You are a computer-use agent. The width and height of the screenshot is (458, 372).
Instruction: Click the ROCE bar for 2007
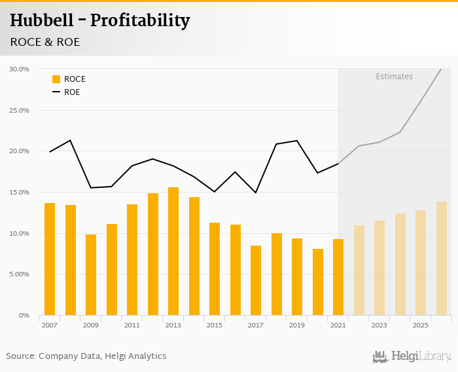[x=50, y=259]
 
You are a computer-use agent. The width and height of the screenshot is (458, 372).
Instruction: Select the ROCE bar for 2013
[x=173, y=251]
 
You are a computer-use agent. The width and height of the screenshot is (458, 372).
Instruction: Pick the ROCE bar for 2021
[x=338, y=277]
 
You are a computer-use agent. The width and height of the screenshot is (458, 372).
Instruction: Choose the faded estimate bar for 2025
[x=421, y=263]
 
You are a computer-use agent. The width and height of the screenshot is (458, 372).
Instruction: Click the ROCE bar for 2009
[x=91, y=275]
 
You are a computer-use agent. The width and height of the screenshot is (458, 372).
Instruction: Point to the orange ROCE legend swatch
[x=56, y=79]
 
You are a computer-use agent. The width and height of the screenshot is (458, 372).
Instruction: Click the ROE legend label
[x=72, y=92]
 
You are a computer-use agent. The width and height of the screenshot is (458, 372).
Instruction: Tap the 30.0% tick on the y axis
[x=20, y=69]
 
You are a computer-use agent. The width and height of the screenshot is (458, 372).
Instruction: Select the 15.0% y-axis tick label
[x=20, y=193]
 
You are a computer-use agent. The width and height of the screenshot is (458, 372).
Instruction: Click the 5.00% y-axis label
[x=20, y=274]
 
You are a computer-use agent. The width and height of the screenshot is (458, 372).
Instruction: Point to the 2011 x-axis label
[x=132, y=325]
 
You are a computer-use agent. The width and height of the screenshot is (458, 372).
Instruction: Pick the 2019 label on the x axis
[x=297, y=325]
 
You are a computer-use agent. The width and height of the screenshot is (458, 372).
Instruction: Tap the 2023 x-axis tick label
[x=379, y=325]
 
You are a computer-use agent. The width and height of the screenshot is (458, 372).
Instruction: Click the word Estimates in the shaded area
[x=394, y=77]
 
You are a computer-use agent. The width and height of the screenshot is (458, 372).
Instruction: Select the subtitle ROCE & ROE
[x=45, y=42]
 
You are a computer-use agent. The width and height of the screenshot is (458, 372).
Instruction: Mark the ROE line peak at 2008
[x=70, y=140]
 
